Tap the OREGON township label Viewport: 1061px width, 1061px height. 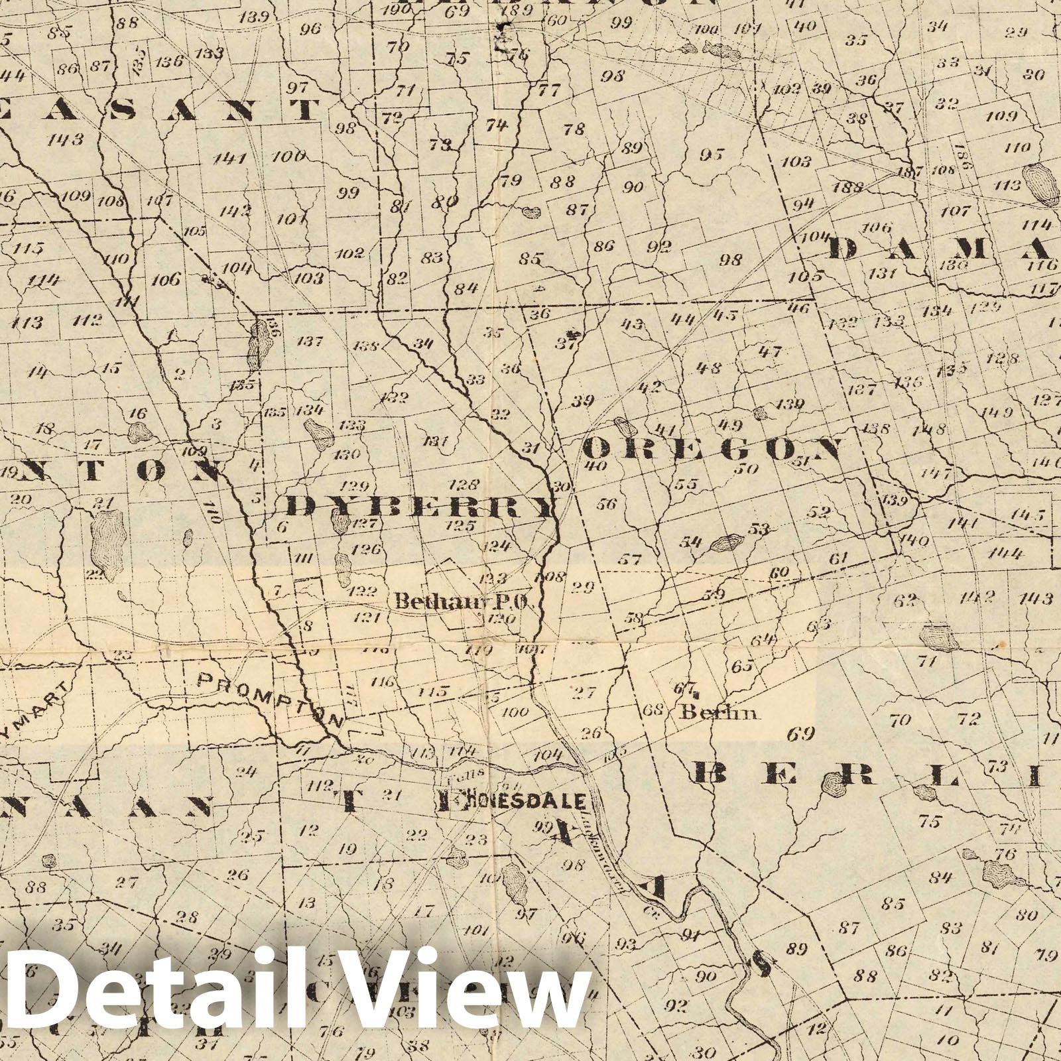713,450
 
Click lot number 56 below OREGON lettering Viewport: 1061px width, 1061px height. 606,504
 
